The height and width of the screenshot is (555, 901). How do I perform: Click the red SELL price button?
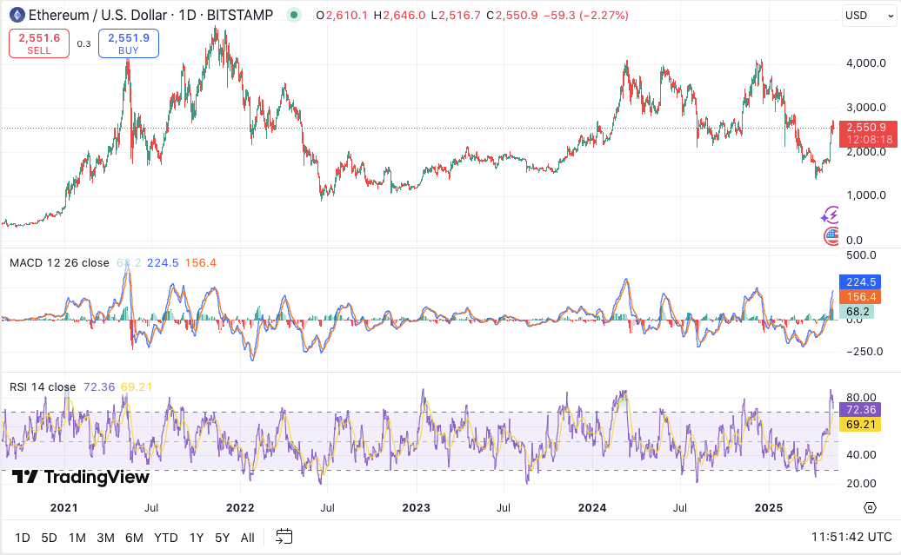(x=39, y=43)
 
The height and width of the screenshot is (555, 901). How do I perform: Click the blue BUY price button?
(x=129, y=43)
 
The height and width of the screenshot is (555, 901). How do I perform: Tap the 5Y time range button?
(x=223, y=538)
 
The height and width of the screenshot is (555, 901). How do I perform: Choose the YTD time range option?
(x=165, y=538)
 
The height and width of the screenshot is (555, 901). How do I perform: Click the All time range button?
(x=248, y=538)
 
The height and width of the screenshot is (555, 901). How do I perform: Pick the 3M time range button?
(x=105, y=538)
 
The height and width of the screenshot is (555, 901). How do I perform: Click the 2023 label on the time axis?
(x=416, y=507)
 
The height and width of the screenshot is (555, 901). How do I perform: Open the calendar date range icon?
(x=284, y=537)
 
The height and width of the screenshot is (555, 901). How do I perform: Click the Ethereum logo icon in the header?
(x=17, y=15)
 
